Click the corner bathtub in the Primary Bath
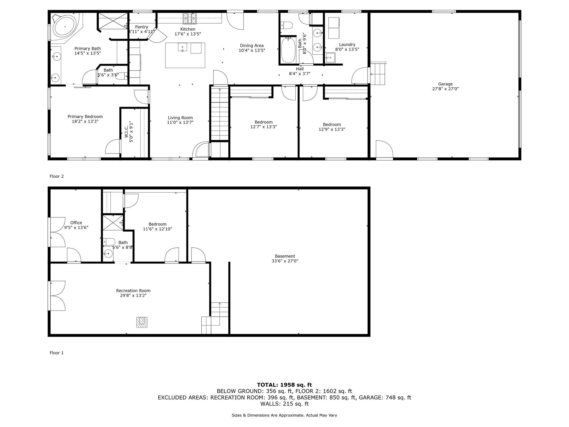point(65,27)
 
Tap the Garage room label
point(445,84)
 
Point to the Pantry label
point(141,27)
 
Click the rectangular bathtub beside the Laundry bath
point(288,50)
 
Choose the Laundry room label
point(347,44)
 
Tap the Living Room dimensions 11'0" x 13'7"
point(180,122)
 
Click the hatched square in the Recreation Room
point(142,322)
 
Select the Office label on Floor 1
point(76,223)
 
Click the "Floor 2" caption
point(57,176)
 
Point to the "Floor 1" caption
point(57,353)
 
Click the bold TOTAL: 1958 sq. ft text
point(284,385)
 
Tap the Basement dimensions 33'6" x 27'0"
point(285,261)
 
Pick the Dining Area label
point(252,46)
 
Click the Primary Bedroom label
point(85,116)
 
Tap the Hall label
point(300,69)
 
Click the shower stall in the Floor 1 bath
point(113,222)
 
